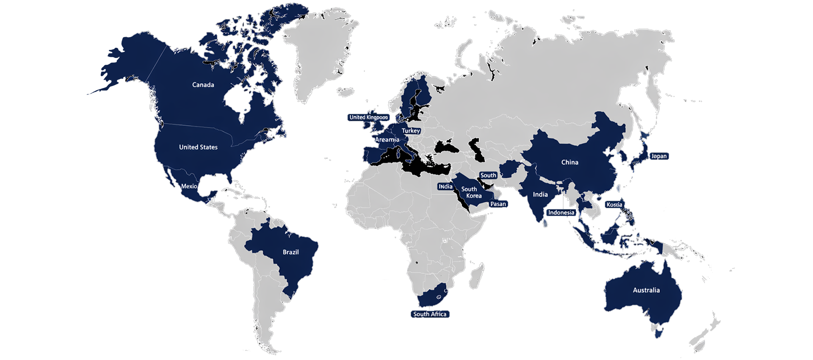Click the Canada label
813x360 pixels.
[203, 85]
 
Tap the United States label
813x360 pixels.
[198, 147]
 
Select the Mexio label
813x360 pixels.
[189, 186]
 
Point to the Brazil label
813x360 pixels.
[290, 252]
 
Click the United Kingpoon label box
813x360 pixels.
[368, 117]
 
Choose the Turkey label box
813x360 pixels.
[411, 131]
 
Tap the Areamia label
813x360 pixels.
[387, 140]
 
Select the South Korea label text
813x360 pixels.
[471, 192]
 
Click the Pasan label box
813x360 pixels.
[498, 204]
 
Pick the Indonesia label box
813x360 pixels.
[561, 213]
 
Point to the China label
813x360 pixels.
[570, 162]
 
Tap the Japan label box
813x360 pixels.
[659, 156]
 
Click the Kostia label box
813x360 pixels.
[614, 205]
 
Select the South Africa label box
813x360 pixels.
[430, 314]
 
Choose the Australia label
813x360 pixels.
[646, 290]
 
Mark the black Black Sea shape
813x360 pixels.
[447, 148]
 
